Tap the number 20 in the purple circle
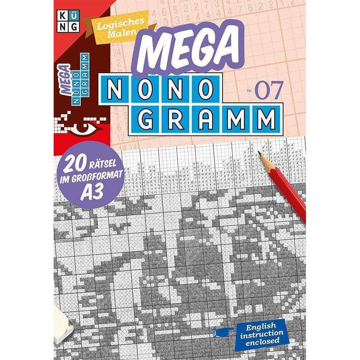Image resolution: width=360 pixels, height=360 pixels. (70, 167)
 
